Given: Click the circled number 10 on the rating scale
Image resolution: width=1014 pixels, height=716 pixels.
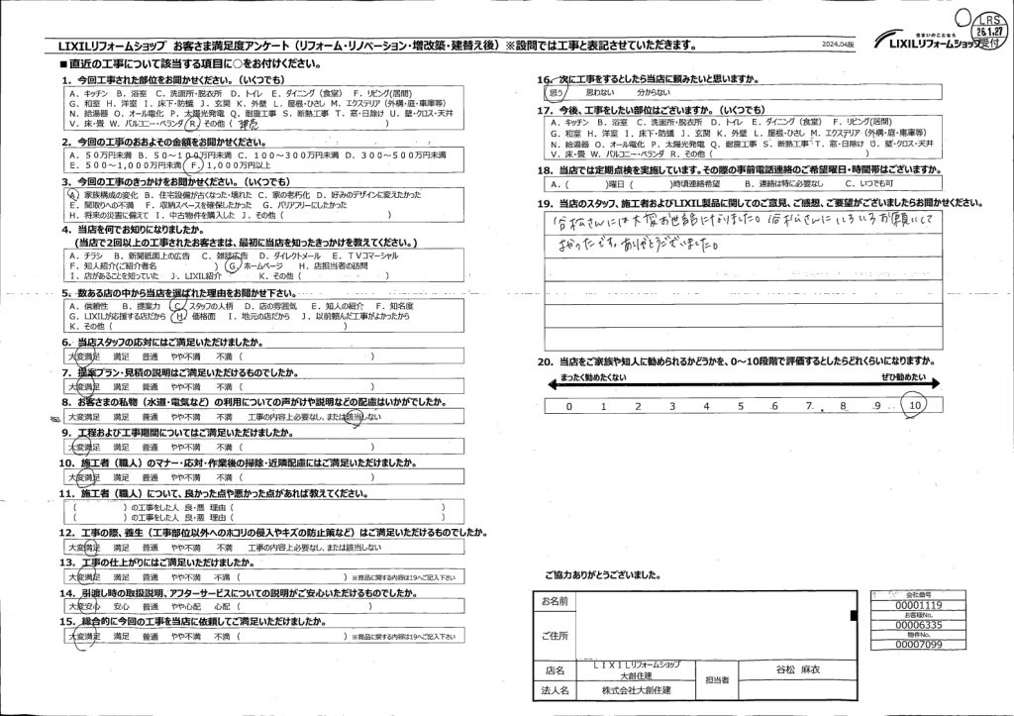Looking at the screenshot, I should (914, 406).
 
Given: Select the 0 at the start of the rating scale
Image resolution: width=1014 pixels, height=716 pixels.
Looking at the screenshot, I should (568, 406).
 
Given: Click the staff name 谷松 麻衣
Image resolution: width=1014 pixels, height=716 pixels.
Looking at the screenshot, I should (792, 669).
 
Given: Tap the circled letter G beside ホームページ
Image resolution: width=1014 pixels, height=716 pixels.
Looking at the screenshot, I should (232, 265).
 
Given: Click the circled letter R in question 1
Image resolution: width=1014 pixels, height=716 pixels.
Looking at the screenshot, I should (192, 124).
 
